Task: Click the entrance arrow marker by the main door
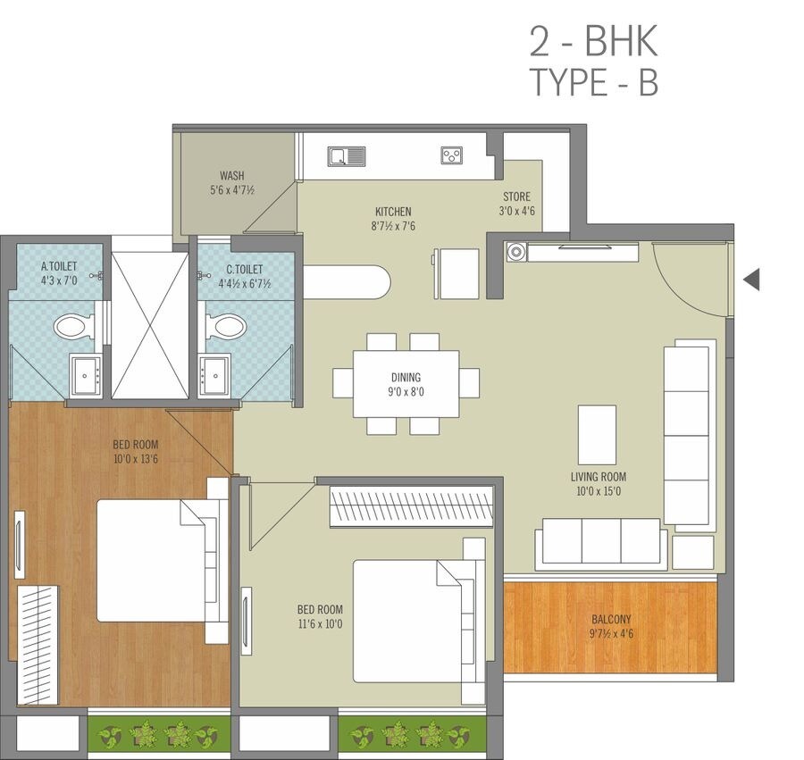751,280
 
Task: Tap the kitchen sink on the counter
347,157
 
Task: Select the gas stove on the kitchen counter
452,156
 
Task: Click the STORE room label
516,196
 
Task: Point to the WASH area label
232,176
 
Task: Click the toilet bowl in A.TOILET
71,326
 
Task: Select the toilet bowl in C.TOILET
225,326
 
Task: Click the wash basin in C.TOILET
214,374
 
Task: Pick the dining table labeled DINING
406,384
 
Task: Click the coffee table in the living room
597,434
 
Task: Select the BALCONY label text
611,619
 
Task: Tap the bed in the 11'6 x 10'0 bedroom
406,621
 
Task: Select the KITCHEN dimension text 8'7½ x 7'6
393,226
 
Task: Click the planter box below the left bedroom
159,734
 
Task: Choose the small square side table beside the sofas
692,552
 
